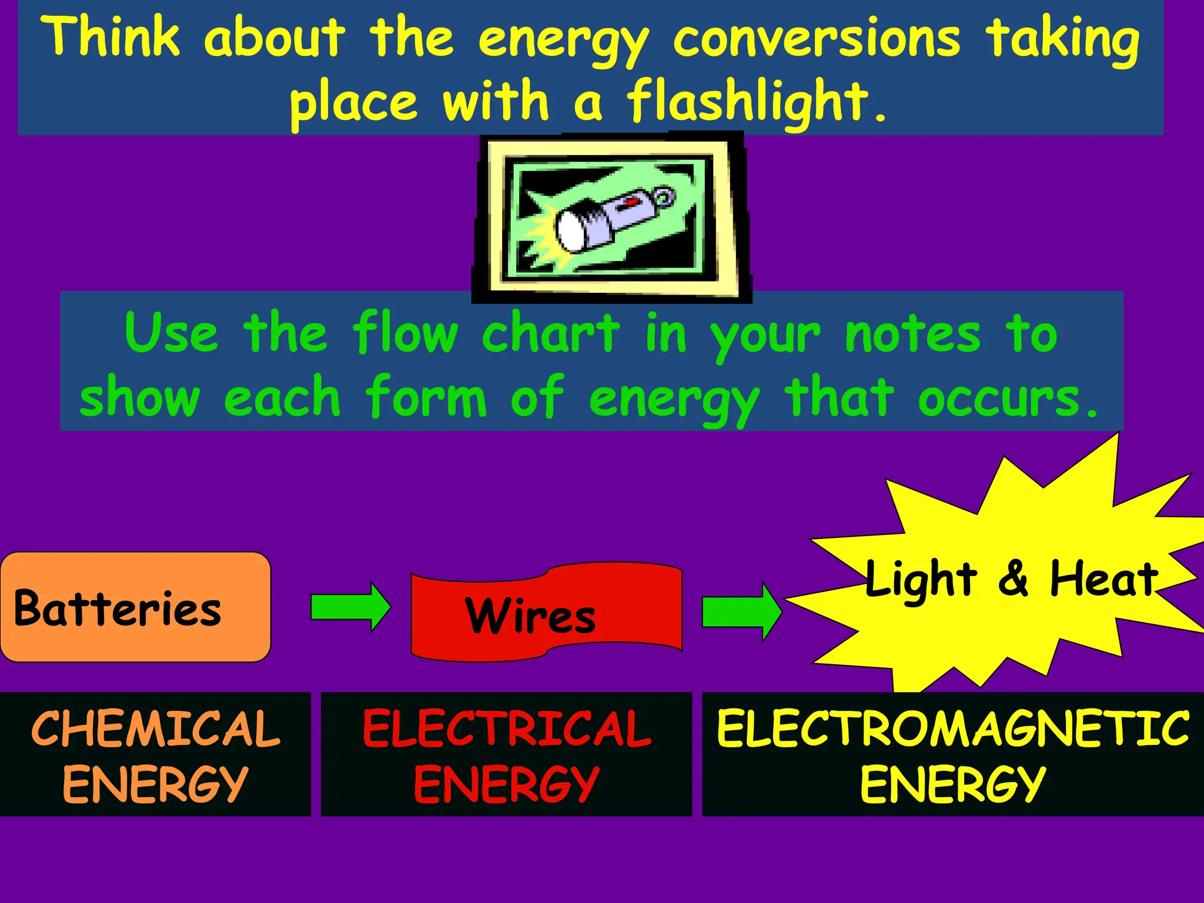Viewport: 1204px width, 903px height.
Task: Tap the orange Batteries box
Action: pyautogui.click(x=135, y=607)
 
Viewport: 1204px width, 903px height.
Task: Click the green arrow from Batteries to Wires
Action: pyautogui.click(x=350, y=607)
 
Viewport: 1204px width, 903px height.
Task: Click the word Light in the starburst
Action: pyautogui.click(x=921, y=581)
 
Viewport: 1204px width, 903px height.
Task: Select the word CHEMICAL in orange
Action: pyautogui.click(x=156, y=729)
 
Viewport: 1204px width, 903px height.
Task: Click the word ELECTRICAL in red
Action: pyautogui.click(x=507, y=729)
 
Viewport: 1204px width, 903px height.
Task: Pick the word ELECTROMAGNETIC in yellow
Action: pyautogui.click(x=952, y=729)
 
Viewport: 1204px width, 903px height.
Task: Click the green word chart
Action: pyautogui.click(x=550, y=333)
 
